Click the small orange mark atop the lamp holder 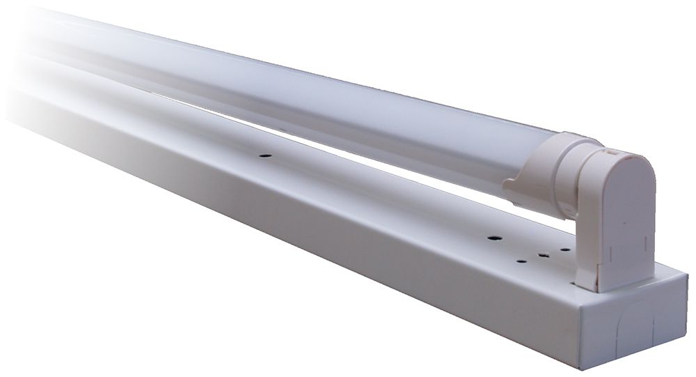click(610, 148)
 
